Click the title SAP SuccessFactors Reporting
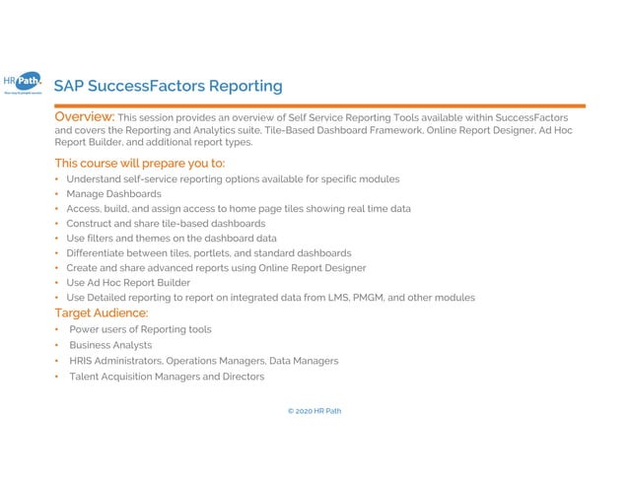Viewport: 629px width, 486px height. [168, 87]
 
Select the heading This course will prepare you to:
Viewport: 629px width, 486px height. [140, 163]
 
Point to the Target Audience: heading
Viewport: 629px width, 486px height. [101, 313]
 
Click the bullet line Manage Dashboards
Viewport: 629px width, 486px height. [113, 194]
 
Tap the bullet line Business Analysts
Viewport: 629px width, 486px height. [110, 345]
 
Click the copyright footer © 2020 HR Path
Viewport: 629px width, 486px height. [314, 411]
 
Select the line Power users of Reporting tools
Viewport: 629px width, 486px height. [140, 329]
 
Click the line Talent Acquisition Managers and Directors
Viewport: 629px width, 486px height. [167, 377]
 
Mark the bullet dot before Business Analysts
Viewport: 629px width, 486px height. [57, 345]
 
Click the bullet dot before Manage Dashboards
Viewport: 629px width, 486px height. [57, 194]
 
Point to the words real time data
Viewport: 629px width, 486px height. [381, 209]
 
